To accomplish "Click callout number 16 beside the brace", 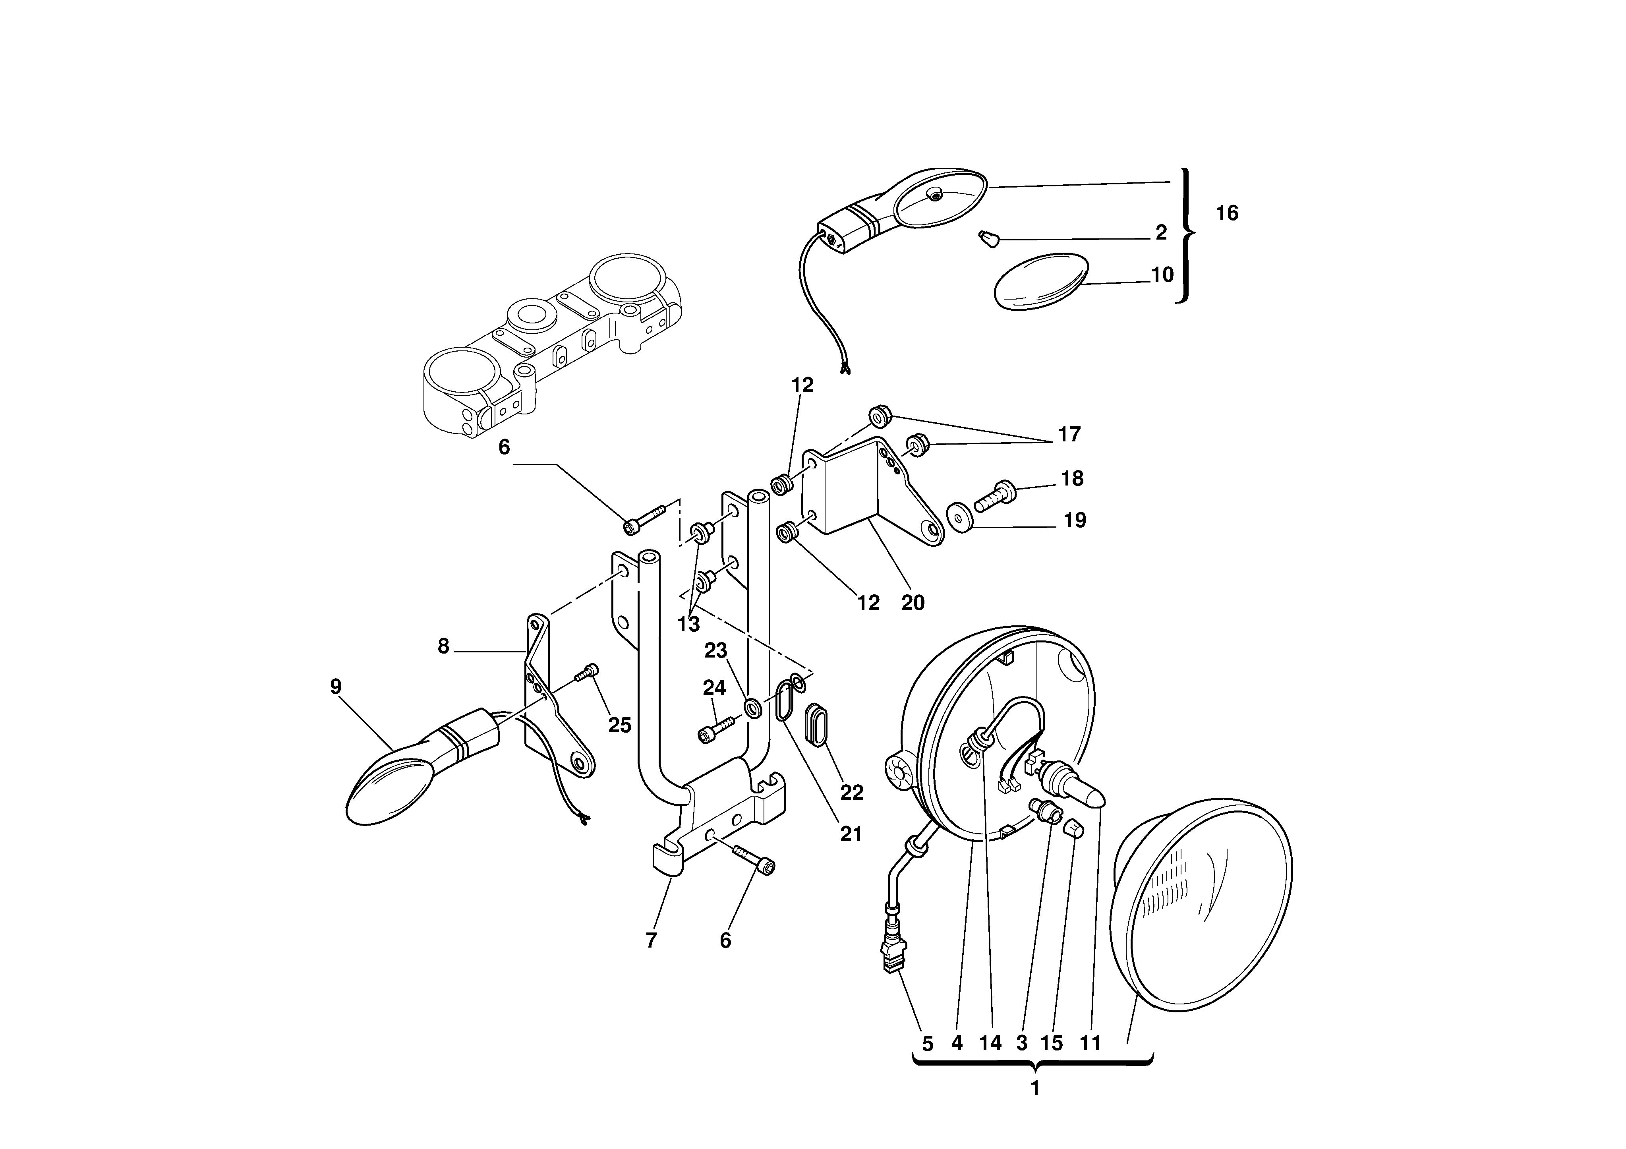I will point(1227,213).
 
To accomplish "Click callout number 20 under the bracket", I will point(913,603).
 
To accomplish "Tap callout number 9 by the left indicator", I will point(336,687).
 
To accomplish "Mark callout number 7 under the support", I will point(651,940).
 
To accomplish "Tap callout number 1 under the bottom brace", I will point(1034,1089).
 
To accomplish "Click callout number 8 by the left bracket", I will point(443,646).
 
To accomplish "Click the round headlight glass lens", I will point(1204,914).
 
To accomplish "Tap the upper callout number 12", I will point(802,385).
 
